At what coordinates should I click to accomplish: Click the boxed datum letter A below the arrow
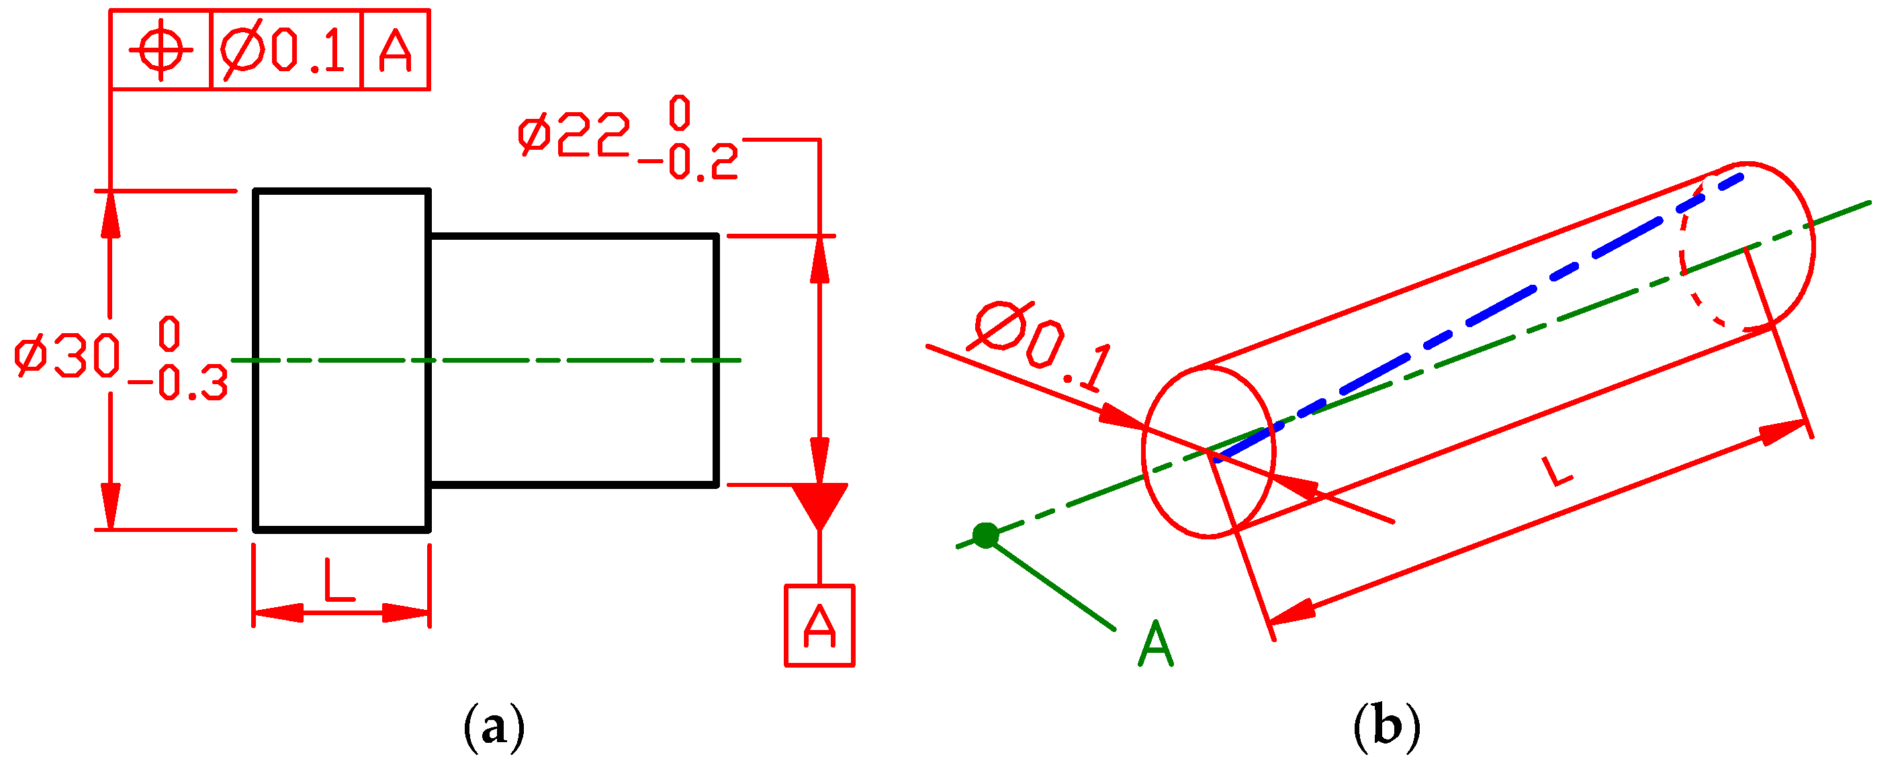coord(819,626)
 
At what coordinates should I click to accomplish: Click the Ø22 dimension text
coord(574,135)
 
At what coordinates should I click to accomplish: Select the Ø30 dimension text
coord(68,356)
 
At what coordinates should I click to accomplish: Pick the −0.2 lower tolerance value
coord(688,163)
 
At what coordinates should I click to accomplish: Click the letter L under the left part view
coord(340,580)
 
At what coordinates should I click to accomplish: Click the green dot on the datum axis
coord(986,535)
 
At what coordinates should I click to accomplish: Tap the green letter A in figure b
coord(1156,644)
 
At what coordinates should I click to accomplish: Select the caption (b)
coord(1387,727)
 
